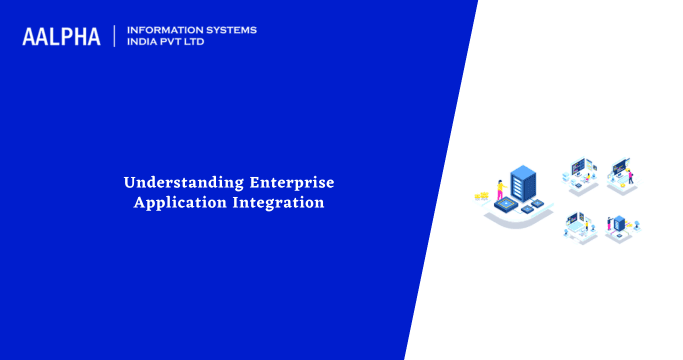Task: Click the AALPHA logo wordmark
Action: pyautogui.click(x=61, y=37)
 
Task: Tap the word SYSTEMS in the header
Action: pyautogui.click(x=229, y=30)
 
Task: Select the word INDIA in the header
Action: pyautogui.click(x=144, y=43)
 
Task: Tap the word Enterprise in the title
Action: pyautogui.click(x=285, y=183)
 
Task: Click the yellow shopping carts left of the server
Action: pyautogui.click(x=482, y=195)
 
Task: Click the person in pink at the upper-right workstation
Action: pyautogui.click(x=631, y=176)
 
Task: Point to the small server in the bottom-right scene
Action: pyautogui.click(x=619, y=222)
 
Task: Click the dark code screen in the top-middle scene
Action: pyautogui.click(x=578, y=166)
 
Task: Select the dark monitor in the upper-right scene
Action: pyautogui.click(x=618, y=164)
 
